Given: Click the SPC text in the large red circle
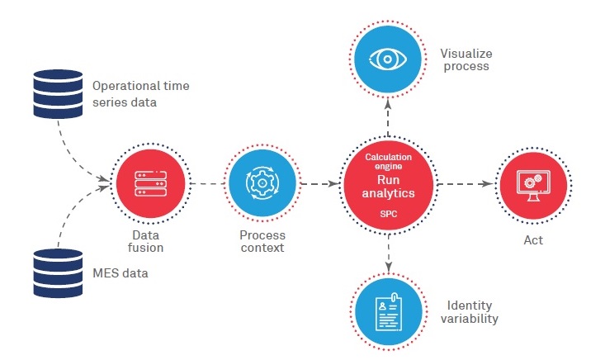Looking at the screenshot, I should point(388,214).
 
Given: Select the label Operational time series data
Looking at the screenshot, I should point(134,92).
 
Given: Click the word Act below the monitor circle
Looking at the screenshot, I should point(532,241).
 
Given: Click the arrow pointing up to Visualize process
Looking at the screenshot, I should point(388,116).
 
